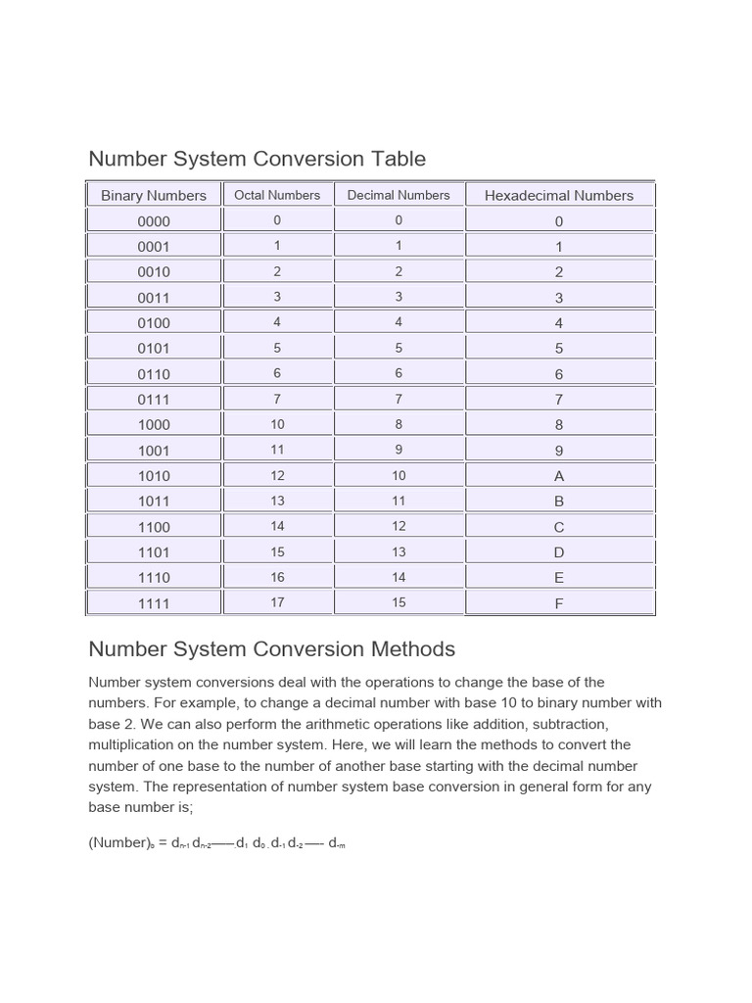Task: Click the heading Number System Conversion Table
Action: click(258, 159)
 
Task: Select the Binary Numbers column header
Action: click(154, 195)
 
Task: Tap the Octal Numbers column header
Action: click(277, 195)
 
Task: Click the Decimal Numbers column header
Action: click(399, 195)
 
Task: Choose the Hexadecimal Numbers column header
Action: click(559, 195)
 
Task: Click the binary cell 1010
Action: click(154, 476)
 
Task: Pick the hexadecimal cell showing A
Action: click(559, 476)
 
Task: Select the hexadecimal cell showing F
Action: click(559, 603)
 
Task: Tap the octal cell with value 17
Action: click(277, 602)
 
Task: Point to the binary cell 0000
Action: click(154, 221)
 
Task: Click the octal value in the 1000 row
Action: click(277, 424)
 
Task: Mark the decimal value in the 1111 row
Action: click(399, 602)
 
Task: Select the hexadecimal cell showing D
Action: click(559, 552)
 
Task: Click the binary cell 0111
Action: click(154, 400)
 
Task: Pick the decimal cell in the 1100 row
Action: click(399, 526)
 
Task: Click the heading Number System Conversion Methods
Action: click(272, 648)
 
